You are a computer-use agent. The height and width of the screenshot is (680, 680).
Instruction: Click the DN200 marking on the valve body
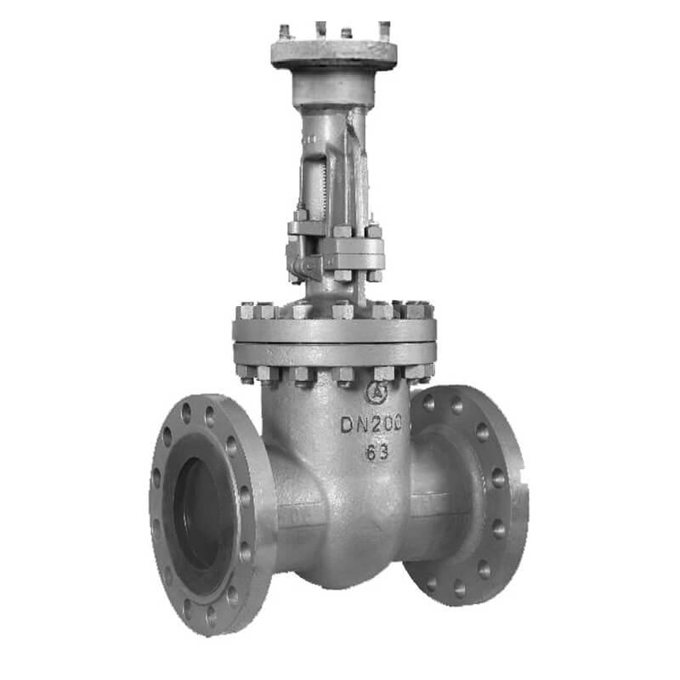pyautogui.click(x=371, y=423)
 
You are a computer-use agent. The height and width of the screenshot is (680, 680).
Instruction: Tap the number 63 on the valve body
pyautogui.click(x=377, y=452)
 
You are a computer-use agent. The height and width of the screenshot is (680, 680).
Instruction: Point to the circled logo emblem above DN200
pyautogui.click(x=377, y=392)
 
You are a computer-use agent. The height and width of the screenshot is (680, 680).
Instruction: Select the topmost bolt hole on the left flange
pyautogui.click(x=186, y=412)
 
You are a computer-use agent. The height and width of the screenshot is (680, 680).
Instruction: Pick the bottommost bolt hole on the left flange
pyautogui.click(x=212, y=615)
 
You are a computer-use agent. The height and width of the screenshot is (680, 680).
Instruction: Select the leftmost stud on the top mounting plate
pyautogui.click(x=285, y=32)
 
